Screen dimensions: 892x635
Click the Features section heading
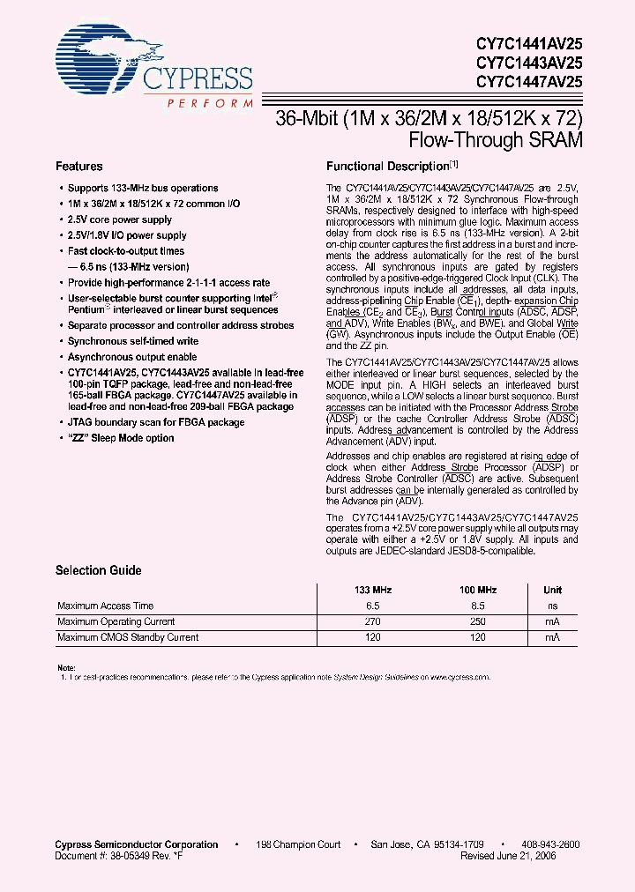pyautogui.click(x=79, y=166)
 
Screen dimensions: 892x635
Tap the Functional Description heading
pyautogui.click(x=388, y=166)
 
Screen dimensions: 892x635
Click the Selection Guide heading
pyautogui.click(x=99, y=570)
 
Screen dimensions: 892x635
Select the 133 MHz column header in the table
pyautogui.click(x=373, y=590)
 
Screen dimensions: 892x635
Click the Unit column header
pyautogui.click(x=552, y=590)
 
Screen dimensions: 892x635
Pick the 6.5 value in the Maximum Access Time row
pyautogui.click(x=373, y=606)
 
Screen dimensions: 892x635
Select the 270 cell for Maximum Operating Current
pyautogui.click(x=373, y=621)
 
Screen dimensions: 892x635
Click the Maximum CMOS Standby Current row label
pyautogui.click(x=128, y=637)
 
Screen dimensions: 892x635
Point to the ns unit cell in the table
pyautogui.click(x=552, y=606)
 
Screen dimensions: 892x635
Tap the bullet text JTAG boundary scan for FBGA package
pyautogui.click(x=156, y=422)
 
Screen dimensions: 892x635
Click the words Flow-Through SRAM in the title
pyautogui.click(x=497, y=139)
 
